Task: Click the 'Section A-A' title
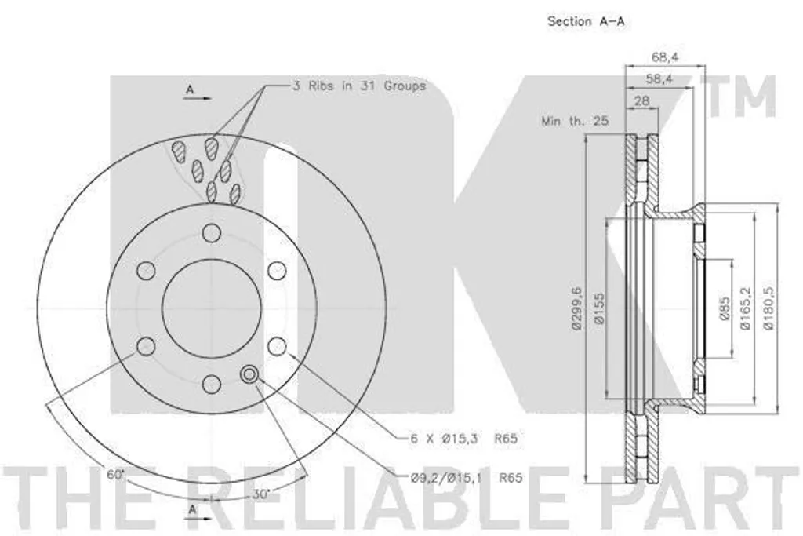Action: [586, 21]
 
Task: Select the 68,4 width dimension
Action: [665, 57]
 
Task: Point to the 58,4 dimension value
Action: [659, 79]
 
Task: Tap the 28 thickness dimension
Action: [641, 101]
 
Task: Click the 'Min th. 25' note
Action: [575, 121]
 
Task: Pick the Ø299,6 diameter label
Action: [577, 308]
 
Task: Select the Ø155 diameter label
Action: [600, 308]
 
